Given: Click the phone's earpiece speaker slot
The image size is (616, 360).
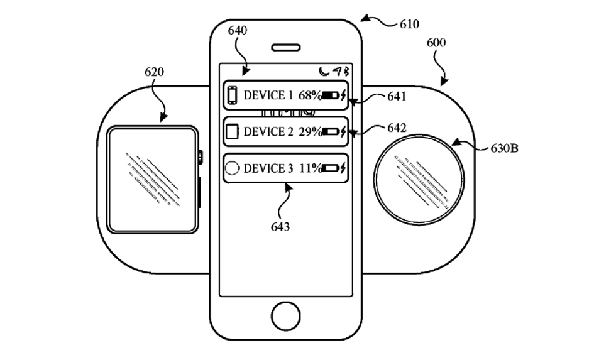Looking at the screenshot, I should pyautogui.click(x=285, y=47).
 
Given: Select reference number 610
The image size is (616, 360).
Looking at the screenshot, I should pyautogui.click(x=409, y=25).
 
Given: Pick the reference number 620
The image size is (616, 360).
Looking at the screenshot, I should pyautogui.click(x=154, y=72).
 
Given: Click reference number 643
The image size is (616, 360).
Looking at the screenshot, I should pyautogui.click(x=280, y=226).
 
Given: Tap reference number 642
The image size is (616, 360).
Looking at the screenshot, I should pyautogui.click(x=397, y=128).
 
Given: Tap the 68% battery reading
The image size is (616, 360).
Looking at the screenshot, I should pyautogui.click(x=310, y=96).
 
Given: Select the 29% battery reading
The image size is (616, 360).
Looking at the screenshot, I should pyautogui.click(x=310, y=132).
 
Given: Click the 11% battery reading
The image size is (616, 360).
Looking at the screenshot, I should pyautogui.click(x=310, y=168).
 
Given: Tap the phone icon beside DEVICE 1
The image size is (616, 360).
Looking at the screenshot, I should pyautogui.click(x=232, y=96).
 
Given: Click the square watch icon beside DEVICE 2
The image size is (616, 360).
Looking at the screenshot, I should pyautogui.click(x=232, y=132).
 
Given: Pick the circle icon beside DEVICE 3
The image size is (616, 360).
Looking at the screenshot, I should pyautogui.click(x=232, y=168).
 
